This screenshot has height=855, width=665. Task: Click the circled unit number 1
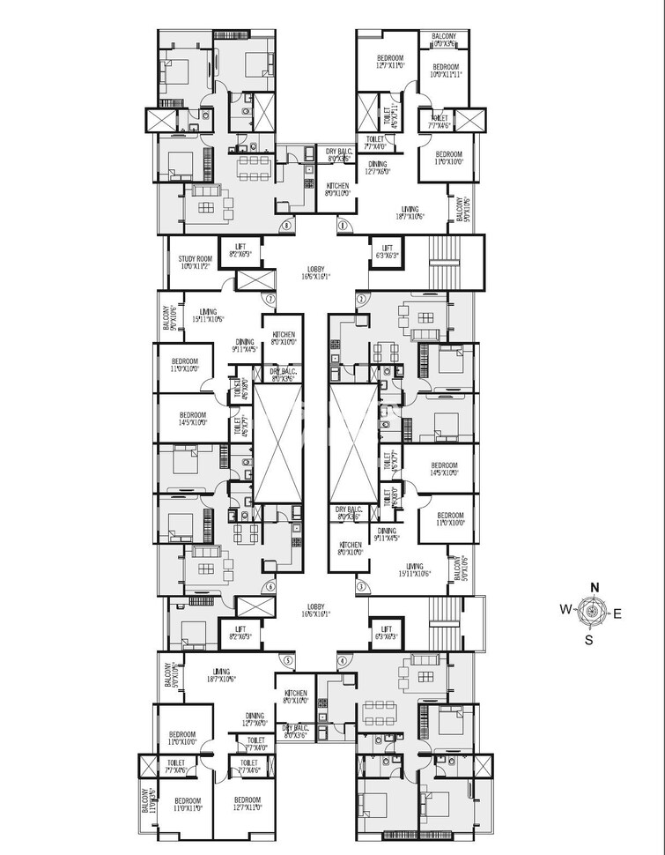point(341,226)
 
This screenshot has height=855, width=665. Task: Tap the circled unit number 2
point(360,299)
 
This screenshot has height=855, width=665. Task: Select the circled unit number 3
point(359,585)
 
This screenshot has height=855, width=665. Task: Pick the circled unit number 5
point(286,660)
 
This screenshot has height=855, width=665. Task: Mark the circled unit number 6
point(270,586)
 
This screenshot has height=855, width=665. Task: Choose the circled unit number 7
point(270,299)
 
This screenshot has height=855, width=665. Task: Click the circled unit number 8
point(287,226)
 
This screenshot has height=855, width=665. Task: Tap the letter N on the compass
point(595,588)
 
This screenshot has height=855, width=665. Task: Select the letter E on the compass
point(617,613)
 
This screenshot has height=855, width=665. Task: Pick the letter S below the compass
point(589,641)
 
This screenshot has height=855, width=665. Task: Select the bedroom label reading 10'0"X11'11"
point(445,71)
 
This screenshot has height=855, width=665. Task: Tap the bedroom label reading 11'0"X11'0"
point(188,804)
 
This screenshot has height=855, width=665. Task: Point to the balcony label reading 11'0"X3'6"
point(145,801)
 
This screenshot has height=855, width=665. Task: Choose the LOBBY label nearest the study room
point(316,271)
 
